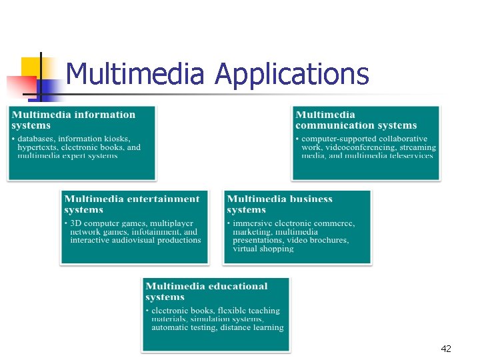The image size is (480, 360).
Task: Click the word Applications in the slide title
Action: [292, 74]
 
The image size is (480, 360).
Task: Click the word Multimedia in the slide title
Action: [135, 74]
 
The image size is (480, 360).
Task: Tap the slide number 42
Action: [446, 349]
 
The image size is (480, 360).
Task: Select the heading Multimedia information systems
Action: [73, 120]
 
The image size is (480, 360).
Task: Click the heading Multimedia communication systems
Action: [356, 120]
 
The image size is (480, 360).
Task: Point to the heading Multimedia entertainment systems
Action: [131, 204]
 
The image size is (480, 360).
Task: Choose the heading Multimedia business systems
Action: [279, 204]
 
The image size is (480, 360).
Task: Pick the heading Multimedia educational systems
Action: [206, 291]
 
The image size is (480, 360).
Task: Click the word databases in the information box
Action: [41, 139]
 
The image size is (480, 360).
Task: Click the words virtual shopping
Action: [263, 249]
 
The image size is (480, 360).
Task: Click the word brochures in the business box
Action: [327, 240]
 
